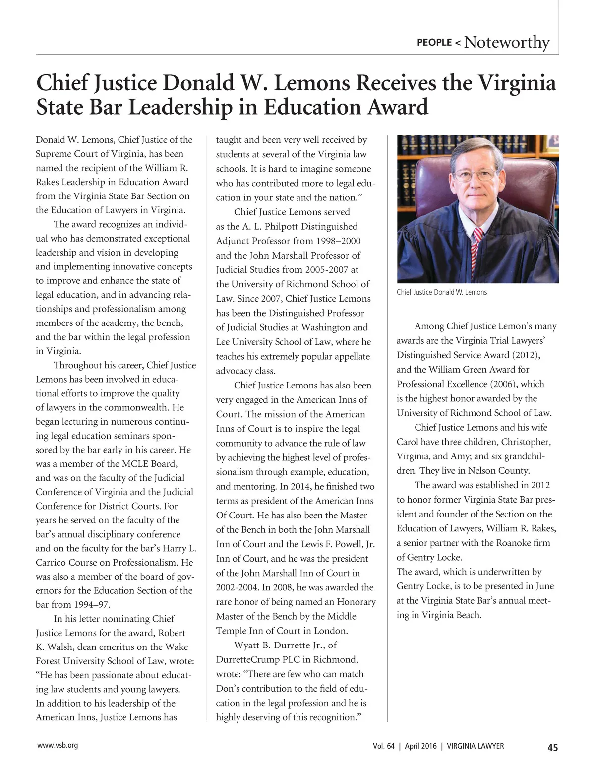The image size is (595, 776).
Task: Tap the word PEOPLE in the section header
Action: coord(434,42)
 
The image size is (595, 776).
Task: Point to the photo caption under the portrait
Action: coord(442,292)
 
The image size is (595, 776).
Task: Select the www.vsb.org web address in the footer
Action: coord(58,745)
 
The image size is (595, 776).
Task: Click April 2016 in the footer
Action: coord(421,746)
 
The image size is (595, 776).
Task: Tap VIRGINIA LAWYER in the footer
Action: coord(476,746)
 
